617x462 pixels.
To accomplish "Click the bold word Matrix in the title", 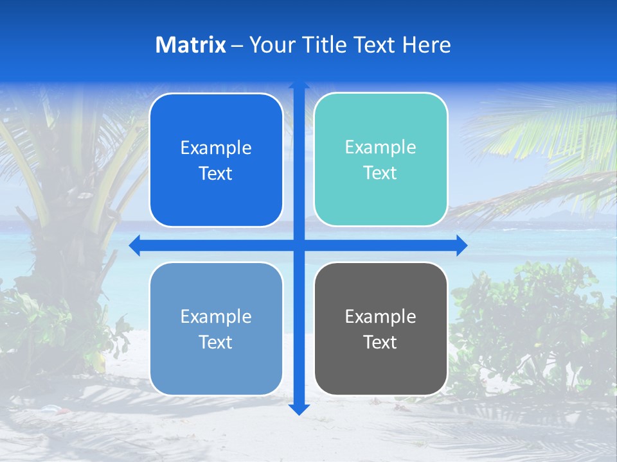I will pyautogui.click(x=191, y=45).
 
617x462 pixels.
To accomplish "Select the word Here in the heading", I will pyautogui.click(x=427, y=45).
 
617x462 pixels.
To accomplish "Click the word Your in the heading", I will pyautogui.click(x=270, y=45).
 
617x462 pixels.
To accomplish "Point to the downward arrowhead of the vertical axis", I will pyautogui.click(x=299, y=409).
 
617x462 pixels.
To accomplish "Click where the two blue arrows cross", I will pyautogui.click(x=299, y=245).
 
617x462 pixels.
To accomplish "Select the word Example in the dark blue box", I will pyautogui.click(x=216, y=148).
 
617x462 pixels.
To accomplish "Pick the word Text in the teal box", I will pyautogui.click(x=380, y=173).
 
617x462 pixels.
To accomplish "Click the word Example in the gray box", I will pyautogui.click(x=380, y=316).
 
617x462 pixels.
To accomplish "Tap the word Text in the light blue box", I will pyautogui.click(x=216, y=342).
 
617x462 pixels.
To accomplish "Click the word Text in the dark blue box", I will pyautogui.click(x=216, y=174).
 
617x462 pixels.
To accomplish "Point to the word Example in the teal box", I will pyautogui.click(x=380, y=148).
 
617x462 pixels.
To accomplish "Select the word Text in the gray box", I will pyautogui.click(x=380, y=342).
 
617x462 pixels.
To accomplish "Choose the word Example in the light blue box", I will pyautogui.click(x=216, y=316).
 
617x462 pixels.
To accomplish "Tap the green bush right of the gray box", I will pyautogui.click(x=527, y=321).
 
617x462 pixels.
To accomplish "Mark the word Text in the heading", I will pyautogui.click(x=376, y=45).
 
